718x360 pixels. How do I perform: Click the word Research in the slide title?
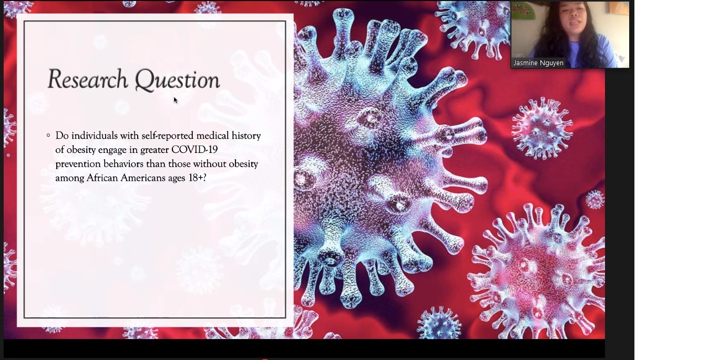tap(88, 79)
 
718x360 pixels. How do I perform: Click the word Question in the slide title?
tap(177, 80)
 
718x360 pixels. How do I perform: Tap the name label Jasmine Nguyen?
tap(538, 63)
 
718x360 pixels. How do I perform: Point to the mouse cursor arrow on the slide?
tap(176, 100)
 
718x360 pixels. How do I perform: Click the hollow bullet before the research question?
tap(48, 135)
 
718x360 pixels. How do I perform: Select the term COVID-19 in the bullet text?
tap(194, 150)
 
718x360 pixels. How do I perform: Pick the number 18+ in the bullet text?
tap(196, 178)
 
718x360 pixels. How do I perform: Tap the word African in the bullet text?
tap(102, 178)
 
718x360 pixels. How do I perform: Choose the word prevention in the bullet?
tap(78, 164)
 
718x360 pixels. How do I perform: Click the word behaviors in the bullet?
tap(124, 164)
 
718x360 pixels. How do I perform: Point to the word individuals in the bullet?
tap(95, 136)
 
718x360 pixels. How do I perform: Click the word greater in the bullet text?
tap(155, 150)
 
